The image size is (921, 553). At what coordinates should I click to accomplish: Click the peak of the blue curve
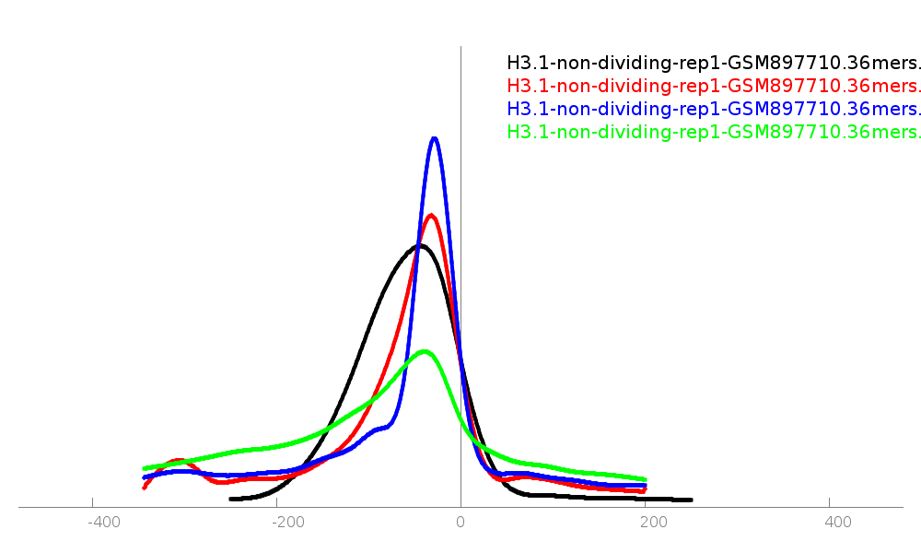pos(434,139)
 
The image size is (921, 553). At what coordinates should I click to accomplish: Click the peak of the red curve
pos(431,216)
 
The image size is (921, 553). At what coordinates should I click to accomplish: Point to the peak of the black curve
pos(419,245)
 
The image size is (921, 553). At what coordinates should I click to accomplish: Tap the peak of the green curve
pos(424,352)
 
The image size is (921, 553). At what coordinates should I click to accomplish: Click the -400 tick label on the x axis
pos(103,523)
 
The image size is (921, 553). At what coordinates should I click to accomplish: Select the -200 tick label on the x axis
pos(287,523)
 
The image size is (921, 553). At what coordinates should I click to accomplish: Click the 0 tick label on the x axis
pos(460,523)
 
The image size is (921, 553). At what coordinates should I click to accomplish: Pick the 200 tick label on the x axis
pos(654,523)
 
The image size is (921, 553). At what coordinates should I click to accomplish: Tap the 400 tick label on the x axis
pos(838,523)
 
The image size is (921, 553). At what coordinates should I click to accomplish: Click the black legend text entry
pos(714,64)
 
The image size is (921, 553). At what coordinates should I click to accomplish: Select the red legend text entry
pos(714,87)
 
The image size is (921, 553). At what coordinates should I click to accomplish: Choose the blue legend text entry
pos(714,109)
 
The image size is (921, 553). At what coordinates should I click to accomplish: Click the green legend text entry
pos(714,132)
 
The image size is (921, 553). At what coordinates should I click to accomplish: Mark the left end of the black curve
pos(231,499)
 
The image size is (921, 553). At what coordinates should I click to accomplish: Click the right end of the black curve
pos(690,500)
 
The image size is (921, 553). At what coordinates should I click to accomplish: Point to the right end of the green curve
pos(644,479)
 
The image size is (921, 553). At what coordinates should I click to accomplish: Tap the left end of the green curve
pos(145,468)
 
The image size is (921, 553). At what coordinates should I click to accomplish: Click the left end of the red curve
pos(145,487)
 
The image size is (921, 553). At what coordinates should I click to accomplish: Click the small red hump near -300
pos(179,460)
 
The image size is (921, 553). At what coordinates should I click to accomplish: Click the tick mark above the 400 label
pos(829,503)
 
